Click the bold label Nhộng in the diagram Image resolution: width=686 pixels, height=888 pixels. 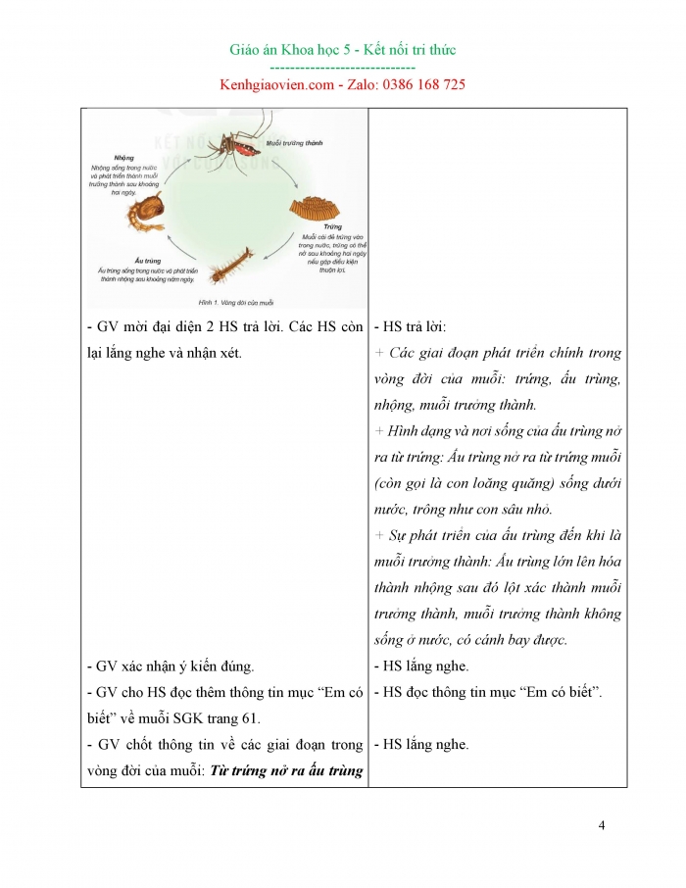(123, 157)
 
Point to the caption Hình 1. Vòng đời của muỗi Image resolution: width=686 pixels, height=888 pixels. (236, 302)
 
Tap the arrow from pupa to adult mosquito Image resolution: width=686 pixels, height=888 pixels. (176, 165)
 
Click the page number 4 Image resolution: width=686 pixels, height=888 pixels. (601, 824)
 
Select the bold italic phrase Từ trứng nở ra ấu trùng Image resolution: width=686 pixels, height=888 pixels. (286, 769)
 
